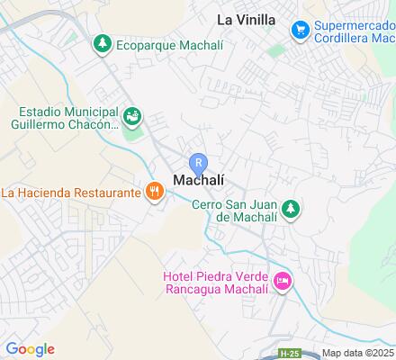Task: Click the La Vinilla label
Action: pyautogui.click(x=246, y=18)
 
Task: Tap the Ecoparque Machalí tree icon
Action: pyautogui.click(x=103, y=42)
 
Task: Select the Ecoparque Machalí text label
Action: pyautogui.click(x=157, y=42)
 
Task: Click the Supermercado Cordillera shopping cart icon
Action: pyautogui.click(x=300, y=30)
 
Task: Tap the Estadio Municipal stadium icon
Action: pyautogui.click(x=132, y=115)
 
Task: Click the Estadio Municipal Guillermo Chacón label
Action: pyautogui.click(x=67, y=118)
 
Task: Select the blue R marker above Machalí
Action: pyautogui.click(x=201, y=162)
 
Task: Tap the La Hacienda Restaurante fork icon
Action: pyautogui.click(x=155, y=191)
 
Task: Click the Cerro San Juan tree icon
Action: pyautogui.click(x=290, y=210)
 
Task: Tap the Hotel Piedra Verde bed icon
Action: pyautogui.click(x=283, y=283)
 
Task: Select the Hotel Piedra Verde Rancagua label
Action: pyautogui.click(x=215, y=283)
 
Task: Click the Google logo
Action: pyautogui.click(x=30, y=349)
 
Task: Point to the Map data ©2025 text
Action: pyautogui.click(x=358, y=354)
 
